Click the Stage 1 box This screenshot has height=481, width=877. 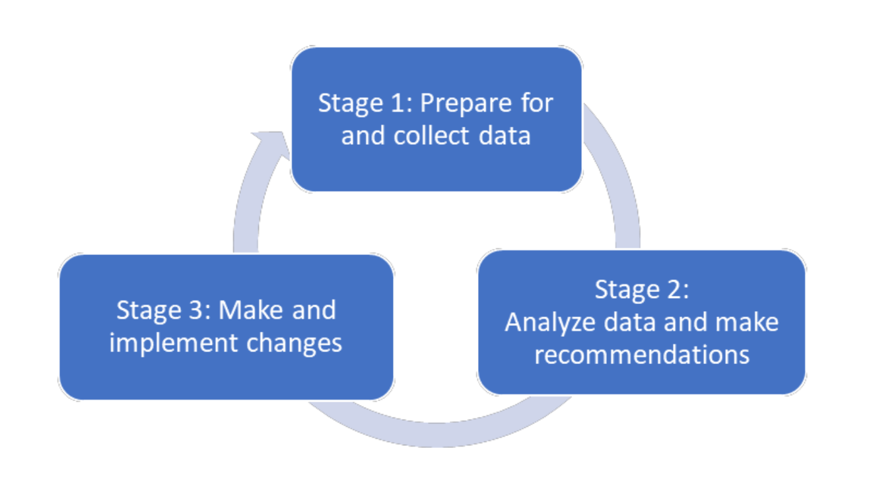pos(437,119)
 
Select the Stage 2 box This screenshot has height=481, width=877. pos(642,322)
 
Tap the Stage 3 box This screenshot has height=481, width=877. pos(227,327)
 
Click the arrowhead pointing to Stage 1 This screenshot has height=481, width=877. pos(273,145)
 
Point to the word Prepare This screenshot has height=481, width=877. pos(466,104)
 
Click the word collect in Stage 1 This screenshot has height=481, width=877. pos(431,135)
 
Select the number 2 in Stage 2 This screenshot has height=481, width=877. pos(676,290)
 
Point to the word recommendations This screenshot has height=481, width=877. pos(642,355)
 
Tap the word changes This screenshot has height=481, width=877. pos(294,344)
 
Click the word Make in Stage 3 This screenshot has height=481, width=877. pos(251,311)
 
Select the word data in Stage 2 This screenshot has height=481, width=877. pos(629,322)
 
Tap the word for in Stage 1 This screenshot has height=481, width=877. pos(537,103)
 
